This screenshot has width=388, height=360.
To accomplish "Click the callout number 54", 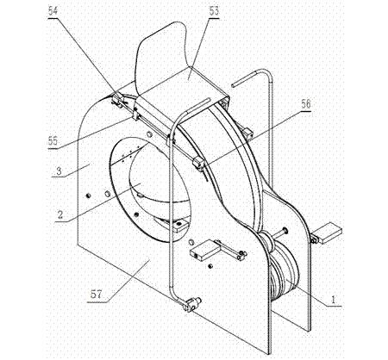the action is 53,11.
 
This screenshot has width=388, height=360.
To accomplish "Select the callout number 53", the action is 214,11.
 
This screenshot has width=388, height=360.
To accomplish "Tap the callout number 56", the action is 306,104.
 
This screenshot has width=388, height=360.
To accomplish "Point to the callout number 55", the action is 53,141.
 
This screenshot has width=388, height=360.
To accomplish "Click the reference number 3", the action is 59,171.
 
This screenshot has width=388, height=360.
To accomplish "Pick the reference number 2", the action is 60,214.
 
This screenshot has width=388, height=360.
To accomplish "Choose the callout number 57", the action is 96,295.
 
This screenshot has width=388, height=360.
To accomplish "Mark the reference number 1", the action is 333,300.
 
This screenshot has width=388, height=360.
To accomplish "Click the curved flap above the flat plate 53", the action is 161,58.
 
